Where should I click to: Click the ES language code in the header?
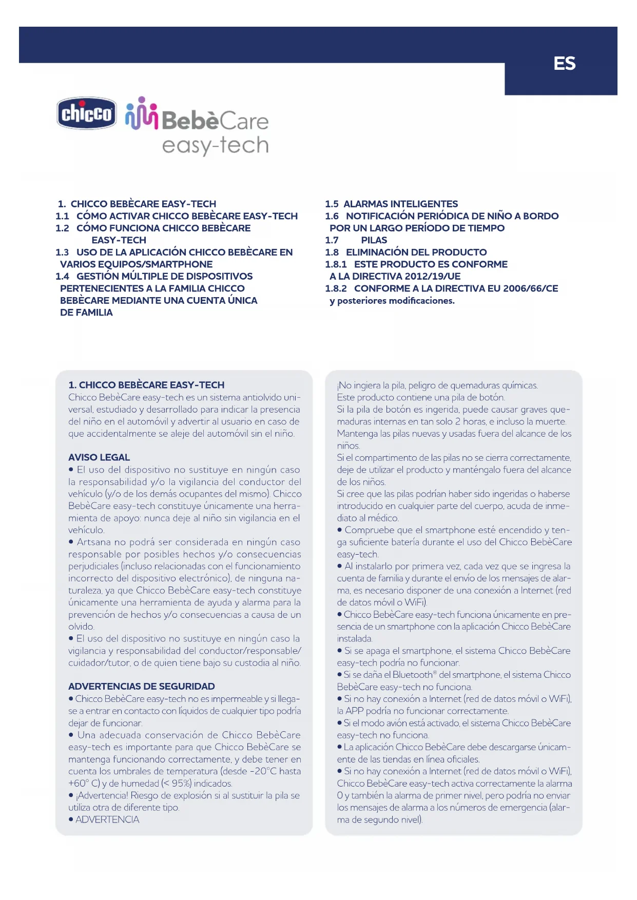click(x=564, y=64)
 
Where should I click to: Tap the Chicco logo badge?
click(x=86, y=113)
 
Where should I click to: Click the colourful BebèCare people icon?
click(x=141, y=114)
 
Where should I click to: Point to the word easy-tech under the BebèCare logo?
click(x=215, y=146)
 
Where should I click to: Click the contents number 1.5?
click(x=332, y=204)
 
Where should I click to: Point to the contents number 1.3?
click(x=62, y=252)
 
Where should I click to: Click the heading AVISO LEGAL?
click(x=99, y=457)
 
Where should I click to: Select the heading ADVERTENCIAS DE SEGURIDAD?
click(x=141, y=687)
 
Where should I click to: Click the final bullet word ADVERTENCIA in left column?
click(x=107, y=819)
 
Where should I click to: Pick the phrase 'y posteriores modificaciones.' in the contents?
click(x=392, y=301)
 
